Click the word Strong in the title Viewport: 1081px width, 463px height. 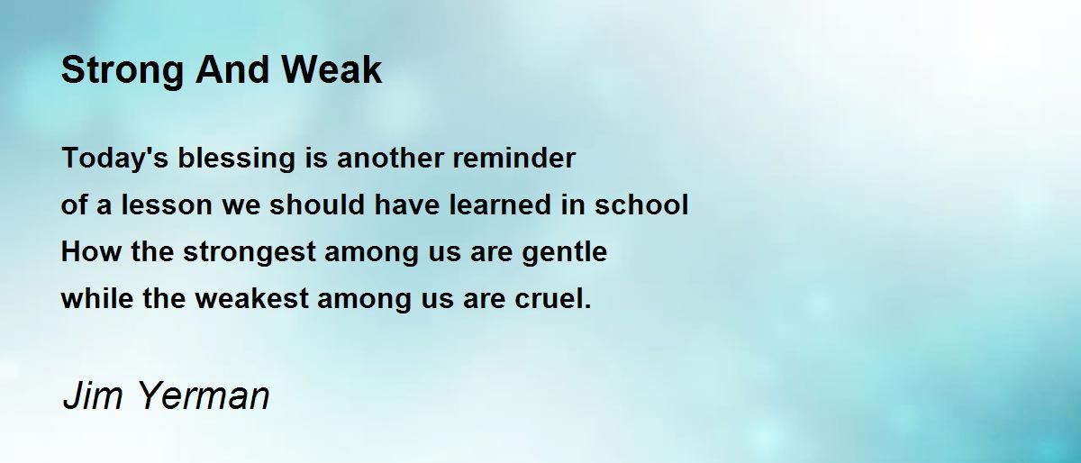(123, 71)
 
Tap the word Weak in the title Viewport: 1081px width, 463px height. (332, 70)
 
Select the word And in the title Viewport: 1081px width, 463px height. (232, 70)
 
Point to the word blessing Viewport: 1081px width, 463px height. (236, 159)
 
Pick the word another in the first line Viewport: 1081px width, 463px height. (390, 158)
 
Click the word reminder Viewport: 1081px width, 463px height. (514, 158)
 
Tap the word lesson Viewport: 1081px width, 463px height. (167, 204)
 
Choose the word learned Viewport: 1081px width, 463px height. (501, 204)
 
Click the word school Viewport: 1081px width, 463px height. (641, 204)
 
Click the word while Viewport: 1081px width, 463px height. (97, 298)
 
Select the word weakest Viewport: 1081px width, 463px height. (252, 298)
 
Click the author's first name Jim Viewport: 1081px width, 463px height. (93, 395)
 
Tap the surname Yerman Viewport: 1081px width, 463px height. (204, 395)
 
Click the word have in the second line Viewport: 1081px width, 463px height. (407, 204)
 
